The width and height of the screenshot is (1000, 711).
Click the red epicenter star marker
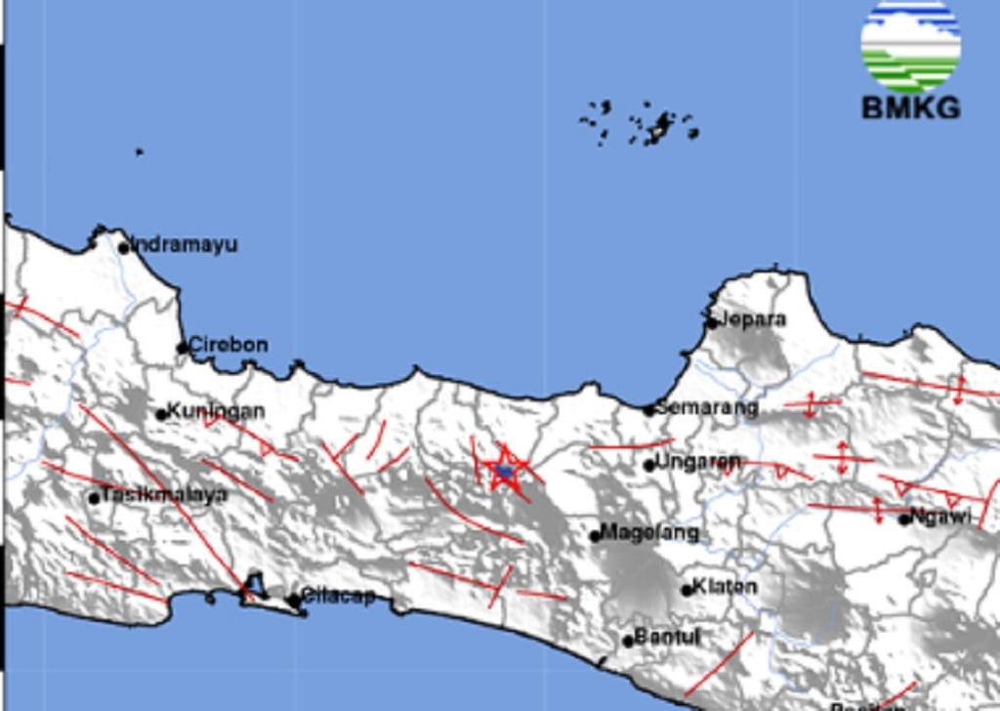click(x=505, y=470)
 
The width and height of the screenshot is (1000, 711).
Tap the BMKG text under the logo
click(x=910, y=107)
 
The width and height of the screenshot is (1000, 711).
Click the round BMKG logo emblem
click(x=910, y=45)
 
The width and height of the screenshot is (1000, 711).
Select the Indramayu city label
click(x=185, y=244)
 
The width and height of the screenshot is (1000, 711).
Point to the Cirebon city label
click(x=228, y=345)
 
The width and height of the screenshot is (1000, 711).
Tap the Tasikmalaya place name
click(x=165, y=495)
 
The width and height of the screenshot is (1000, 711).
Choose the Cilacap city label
click(x=338, y=596)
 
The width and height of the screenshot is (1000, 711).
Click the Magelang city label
click(x=650, y=533)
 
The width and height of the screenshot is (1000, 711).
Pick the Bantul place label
click(x=667, y=638)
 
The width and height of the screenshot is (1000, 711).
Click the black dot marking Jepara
click(x=712, y=322)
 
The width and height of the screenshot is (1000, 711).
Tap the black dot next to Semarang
click(x=648, y=410)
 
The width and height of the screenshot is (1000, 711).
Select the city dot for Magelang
click(x=595, y=535)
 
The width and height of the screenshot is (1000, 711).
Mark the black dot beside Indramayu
click(x=124, y=247)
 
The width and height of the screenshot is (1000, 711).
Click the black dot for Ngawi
click(x=904, y=519)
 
